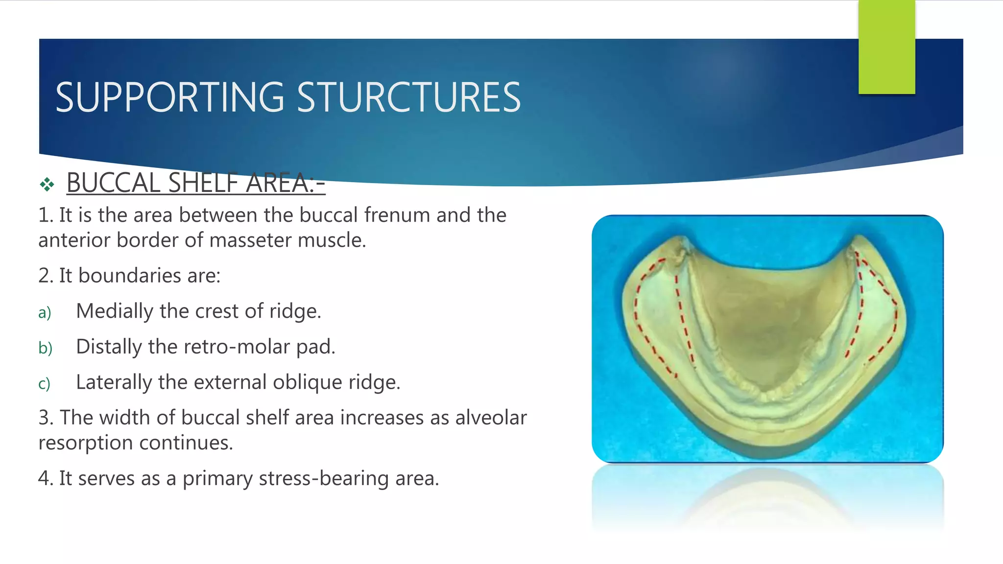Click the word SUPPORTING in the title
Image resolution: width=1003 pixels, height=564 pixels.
pyautogui.click(x=169, y=98)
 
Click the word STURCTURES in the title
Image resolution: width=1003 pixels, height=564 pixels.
pyautogui.click(x=408, y=98)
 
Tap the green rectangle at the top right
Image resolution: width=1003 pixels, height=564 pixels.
pyautogui.click(x=886, y=47)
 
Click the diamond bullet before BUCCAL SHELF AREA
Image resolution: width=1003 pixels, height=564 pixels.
pyautogui.click(x=47, y=185)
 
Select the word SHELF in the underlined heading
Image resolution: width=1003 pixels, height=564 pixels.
pyautogui.click(x=202, y=183)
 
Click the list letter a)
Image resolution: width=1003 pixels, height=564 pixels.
pyautogui.click(x=45, y=312)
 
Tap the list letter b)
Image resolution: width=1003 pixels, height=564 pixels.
pyautogui.click(x=45, y=348)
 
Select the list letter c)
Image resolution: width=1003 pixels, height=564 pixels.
pyautogui.click(x=44, y=383)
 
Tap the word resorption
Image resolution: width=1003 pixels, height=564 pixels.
pyautogui.click(x=86, y=443)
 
